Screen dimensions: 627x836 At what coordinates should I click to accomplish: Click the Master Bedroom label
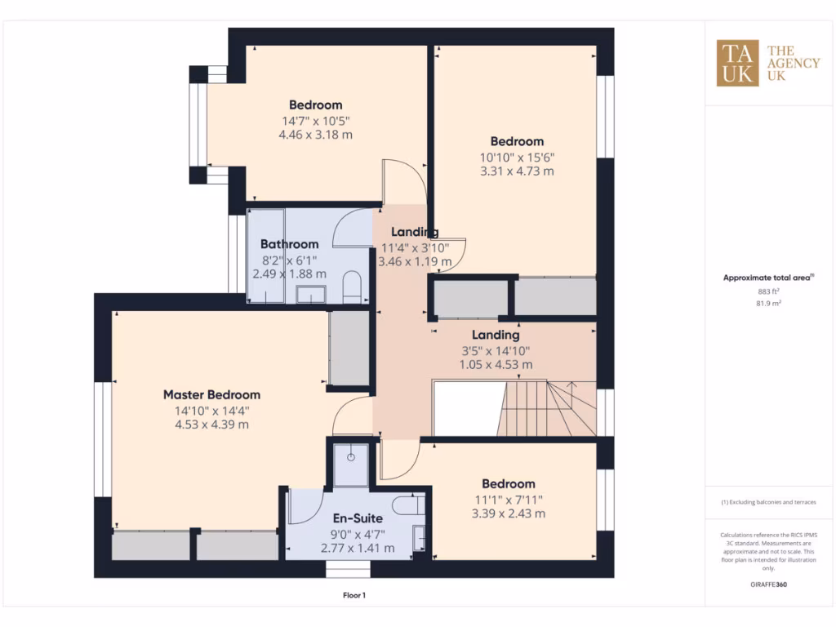[211, 395]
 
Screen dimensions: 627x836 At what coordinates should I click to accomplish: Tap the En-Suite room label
[358, 518]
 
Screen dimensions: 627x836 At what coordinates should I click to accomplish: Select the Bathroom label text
[289, 244]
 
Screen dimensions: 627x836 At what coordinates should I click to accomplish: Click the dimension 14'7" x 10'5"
[315, 120]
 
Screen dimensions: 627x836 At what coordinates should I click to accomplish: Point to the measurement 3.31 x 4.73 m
[517, 171]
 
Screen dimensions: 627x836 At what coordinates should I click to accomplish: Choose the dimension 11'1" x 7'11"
[508, 499]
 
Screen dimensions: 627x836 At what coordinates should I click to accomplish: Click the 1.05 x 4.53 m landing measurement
[496, 364]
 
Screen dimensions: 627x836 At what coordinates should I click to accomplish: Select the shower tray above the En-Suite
[351, 464]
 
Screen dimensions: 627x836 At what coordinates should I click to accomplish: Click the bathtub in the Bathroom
[265, 255]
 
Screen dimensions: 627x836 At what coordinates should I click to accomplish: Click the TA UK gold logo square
[737, 63]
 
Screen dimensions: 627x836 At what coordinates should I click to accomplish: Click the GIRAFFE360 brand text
[767, 585]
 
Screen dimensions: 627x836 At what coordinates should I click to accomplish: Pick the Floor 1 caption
[354, 595]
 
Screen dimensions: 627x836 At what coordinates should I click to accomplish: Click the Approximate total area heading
[766, 278]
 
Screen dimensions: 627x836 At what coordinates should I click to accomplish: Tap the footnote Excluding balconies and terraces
[767, 502]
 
